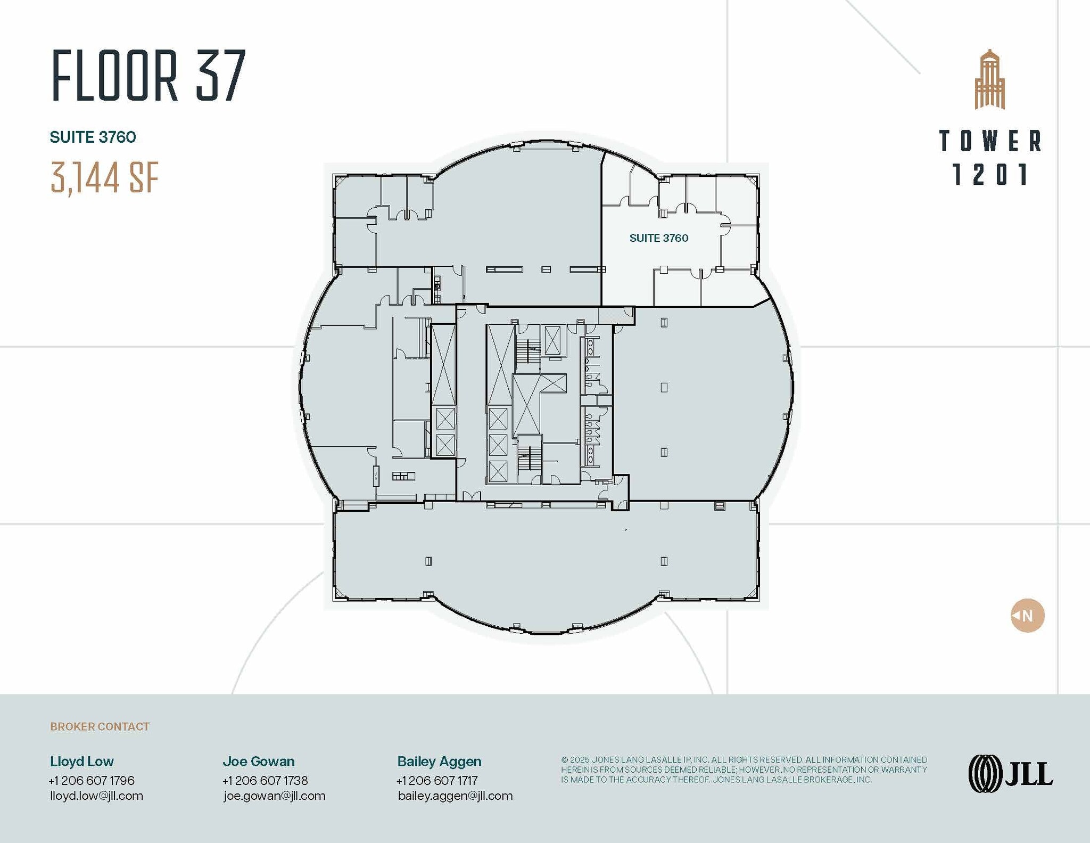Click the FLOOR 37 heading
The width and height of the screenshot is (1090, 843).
point(148,75)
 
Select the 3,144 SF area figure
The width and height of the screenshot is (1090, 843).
point(105,178)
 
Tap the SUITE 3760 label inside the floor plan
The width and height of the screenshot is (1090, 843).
point(658,238)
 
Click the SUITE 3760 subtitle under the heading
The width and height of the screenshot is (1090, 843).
point(93,137)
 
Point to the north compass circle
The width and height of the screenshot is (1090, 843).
point(1027,616)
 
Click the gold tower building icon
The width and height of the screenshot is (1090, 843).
point(989,80)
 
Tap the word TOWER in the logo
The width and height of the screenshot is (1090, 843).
point(990,141)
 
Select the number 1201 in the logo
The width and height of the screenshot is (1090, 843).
point(990,175)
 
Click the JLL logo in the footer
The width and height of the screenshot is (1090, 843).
point(1010,773)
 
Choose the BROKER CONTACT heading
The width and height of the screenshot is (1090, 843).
point(100,726)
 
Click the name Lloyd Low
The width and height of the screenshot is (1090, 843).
point(82,762)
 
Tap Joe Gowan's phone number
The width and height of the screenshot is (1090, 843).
point(265,781)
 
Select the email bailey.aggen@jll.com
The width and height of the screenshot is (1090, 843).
point(455,796)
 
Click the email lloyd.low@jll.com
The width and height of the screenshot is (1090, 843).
point(96,796)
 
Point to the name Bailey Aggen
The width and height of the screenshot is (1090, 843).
point(439,762)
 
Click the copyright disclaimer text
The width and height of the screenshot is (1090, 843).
point(744,770)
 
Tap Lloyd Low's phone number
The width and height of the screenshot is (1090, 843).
point(92,781)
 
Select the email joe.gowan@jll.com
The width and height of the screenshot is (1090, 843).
point(274,796)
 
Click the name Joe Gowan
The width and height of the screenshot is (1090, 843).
point(258,762)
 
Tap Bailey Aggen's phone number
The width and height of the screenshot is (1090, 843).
point(437,781)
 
